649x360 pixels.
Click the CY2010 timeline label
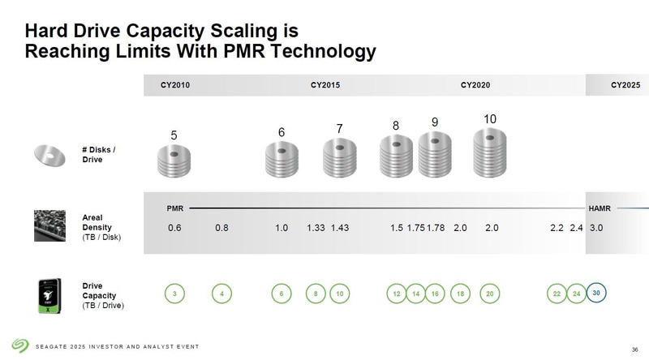click(x=175, y=85)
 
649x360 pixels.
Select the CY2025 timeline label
click(x=625, y=85)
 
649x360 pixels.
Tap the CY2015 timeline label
click(x=325, y=85)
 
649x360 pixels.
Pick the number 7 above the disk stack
click(x=340, y=129)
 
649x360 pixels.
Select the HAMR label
click(x=600, y=208)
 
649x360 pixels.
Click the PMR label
click(x=175, y=208)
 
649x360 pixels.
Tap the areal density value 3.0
click(x=597, y=229)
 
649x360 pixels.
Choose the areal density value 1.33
click(x=316, y=229)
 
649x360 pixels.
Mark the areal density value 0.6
click(x=174, y=229)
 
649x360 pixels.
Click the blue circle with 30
click(x=596, y=292)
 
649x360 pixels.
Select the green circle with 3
click(x=174, y=294)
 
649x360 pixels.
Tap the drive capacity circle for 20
click(x=490, y=294)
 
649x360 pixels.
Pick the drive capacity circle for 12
click(x=397, y=294)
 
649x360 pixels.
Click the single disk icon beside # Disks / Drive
click(x=49, y=154)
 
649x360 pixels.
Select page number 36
click(x=634, y=349)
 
